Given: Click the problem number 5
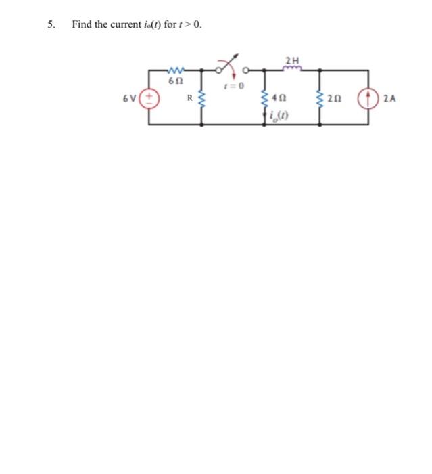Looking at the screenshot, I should pyautogui.click(x=50, y=25).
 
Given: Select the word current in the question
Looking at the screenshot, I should pyautogui.click(x=116, y=25).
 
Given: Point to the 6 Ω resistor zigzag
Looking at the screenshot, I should pyautogui.click(x=175, y=70).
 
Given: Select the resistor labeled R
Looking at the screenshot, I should pyautogui.click(x=201, y=99).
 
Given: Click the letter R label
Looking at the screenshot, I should pyautogui.click(x=190, y=99).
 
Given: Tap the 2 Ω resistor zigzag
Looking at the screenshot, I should pyautogui.click(x=319, y=99).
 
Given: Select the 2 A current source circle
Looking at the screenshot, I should pyautogui.click(x=368, y=99).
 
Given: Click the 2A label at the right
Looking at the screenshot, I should pyautogui.click(x=389, y=99).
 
